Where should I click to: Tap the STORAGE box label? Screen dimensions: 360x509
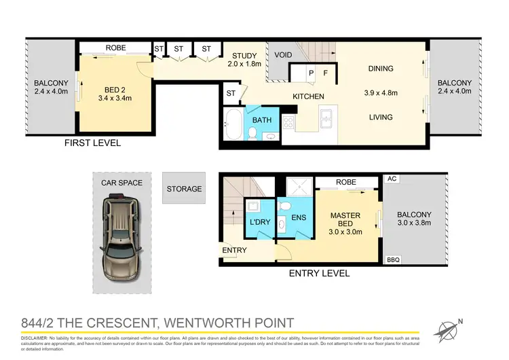pyautogui.click(x=184, y=189)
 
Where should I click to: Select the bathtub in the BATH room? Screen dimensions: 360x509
pyautogui.click(x=233, y=125)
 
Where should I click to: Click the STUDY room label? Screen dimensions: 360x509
pyautogui.click(x=244, y=56)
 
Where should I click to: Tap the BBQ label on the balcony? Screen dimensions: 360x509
pyautogui.click(x=392, y=259)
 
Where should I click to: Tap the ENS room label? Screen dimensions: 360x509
pyautogui.click(x=299, y=217)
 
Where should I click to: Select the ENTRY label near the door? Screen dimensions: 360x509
pyautogui.click(x=234, y=250)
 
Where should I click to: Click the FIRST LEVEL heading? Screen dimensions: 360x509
pyautogui.click(x=92, y=143)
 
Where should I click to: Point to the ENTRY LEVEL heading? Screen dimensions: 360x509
pyautogui.click(x=319, y=273)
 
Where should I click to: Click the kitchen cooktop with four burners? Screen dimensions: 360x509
pyautogui.click(x=288, y=123)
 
